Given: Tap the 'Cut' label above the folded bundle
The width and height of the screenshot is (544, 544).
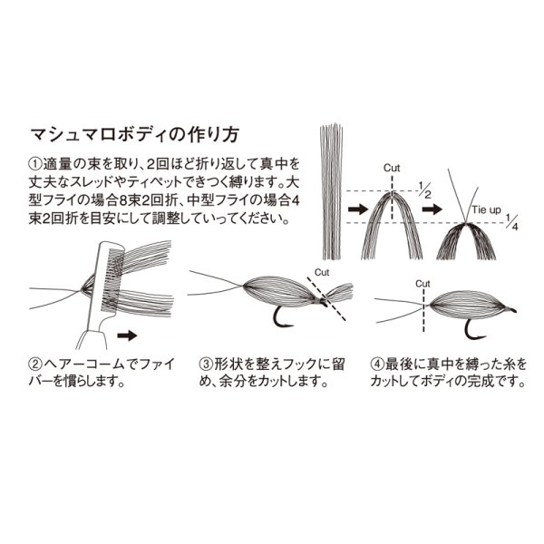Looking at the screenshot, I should (x=392, y=168).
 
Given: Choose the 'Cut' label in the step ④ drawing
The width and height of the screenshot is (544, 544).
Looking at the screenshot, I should (x=423, y=283).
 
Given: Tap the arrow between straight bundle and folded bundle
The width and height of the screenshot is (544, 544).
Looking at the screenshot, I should (x=357, y=209).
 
